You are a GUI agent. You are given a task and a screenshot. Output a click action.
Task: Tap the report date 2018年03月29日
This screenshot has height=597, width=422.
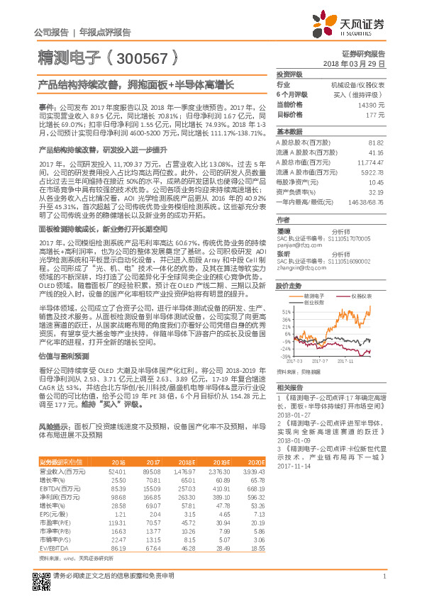(354, 63)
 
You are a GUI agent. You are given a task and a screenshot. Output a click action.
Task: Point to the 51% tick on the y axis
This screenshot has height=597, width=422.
(284, 311)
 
